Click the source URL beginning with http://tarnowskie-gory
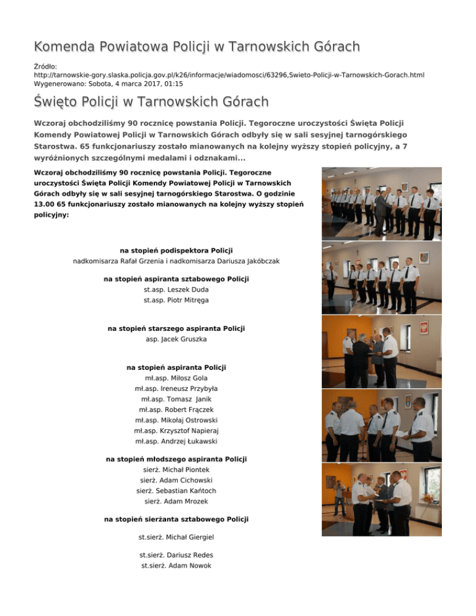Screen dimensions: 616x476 [x=229, y=74]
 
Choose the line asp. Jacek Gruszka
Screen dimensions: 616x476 [x=176, y=340]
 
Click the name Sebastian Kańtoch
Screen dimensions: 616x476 [x=187, y=490]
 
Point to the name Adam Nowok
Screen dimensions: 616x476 [x=188, y=565]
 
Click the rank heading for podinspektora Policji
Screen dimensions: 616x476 [x=176, y=250]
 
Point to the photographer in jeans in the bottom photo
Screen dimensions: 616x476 [x=340, y=499]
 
